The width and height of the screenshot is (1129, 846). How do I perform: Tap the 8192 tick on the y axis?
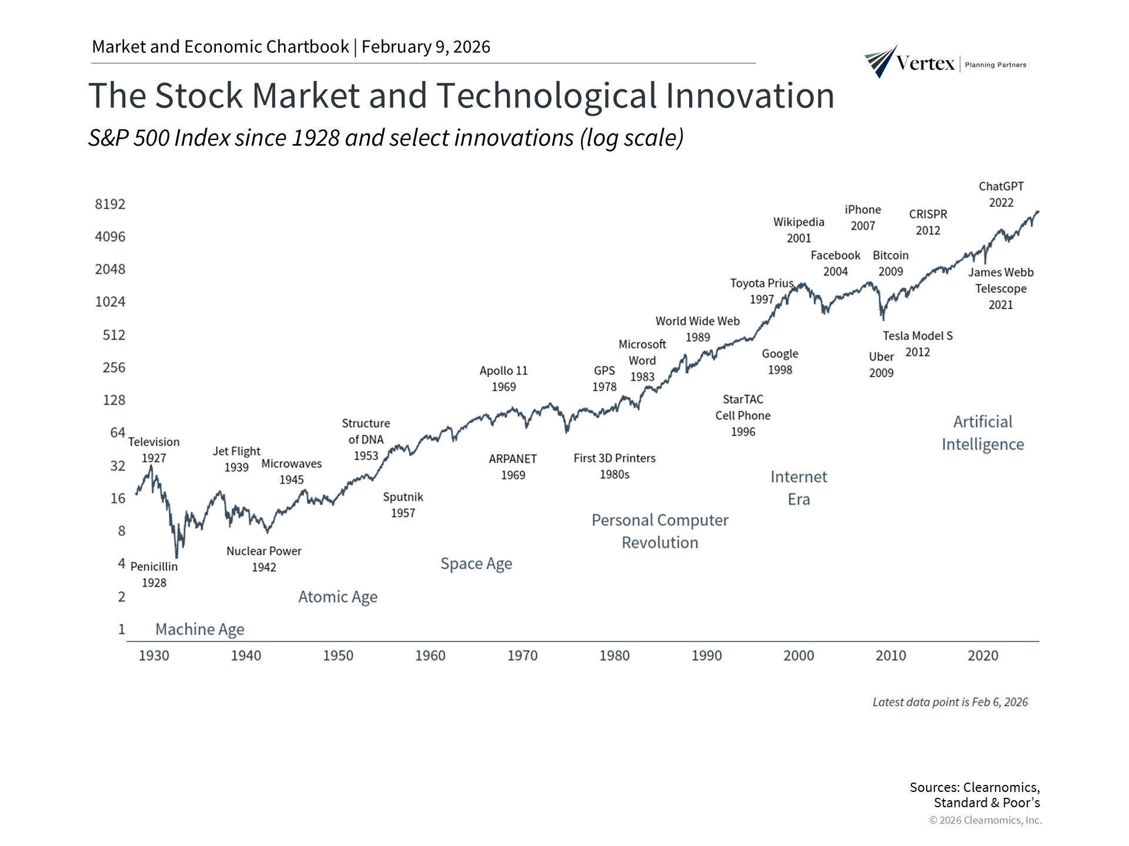(110, 204)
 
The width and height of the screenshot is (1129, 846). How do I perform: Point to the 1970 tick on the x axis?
(522, 656)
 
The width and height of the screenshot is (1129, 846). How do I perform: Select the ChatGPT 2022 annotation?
(1001, 194)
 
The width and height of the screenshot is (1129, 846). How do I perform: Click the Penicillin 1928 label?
(154, 575)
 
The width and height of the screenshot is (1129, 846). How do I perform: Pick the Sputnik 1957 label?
(403, 505)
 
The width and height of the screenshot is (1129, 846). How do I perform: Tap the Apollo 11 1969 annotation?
(503, 379)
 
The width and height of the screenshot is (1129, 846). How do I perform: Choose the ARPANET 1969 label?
(513, 467)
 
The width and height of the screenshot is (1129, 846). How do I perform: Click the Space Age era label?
(476, 564)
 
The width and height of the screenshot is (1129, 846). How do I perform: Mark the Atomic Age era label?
(338, 597)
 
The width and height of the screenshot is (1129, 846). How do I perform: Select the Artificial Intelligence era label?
(983, 433)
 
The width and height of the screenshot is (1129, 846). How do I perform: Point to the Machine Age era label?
(199, 629)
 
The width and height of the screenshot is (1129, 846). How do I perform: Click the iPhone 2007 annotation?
(863, 217)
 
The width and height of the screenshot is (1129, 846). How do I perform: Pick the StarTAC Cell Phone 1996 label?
(743, 415)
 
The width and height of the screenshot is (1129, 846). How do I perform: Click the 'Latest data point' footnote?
(950, 702)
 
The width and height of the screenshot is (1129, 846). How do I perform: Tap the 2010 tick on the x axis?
(890, 656)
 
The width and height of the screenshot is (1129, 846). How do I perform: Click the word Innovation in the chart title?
(750, 95)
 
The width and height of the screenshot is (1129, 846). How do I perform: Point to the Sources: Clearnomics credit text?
(974, 795)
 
